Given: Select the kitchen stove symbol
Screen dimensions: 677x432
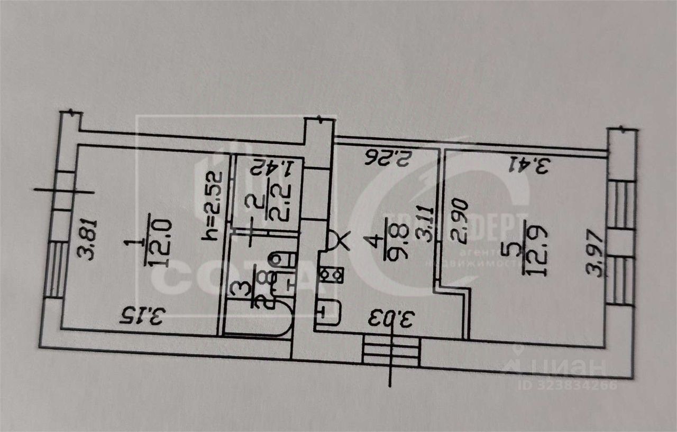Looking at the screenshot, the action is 332,275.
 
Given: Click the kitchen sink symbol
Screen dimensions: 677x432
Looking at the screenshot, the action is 328,311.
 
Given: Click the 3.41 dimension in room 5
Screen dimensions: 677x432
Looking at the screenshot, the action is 529,165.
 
